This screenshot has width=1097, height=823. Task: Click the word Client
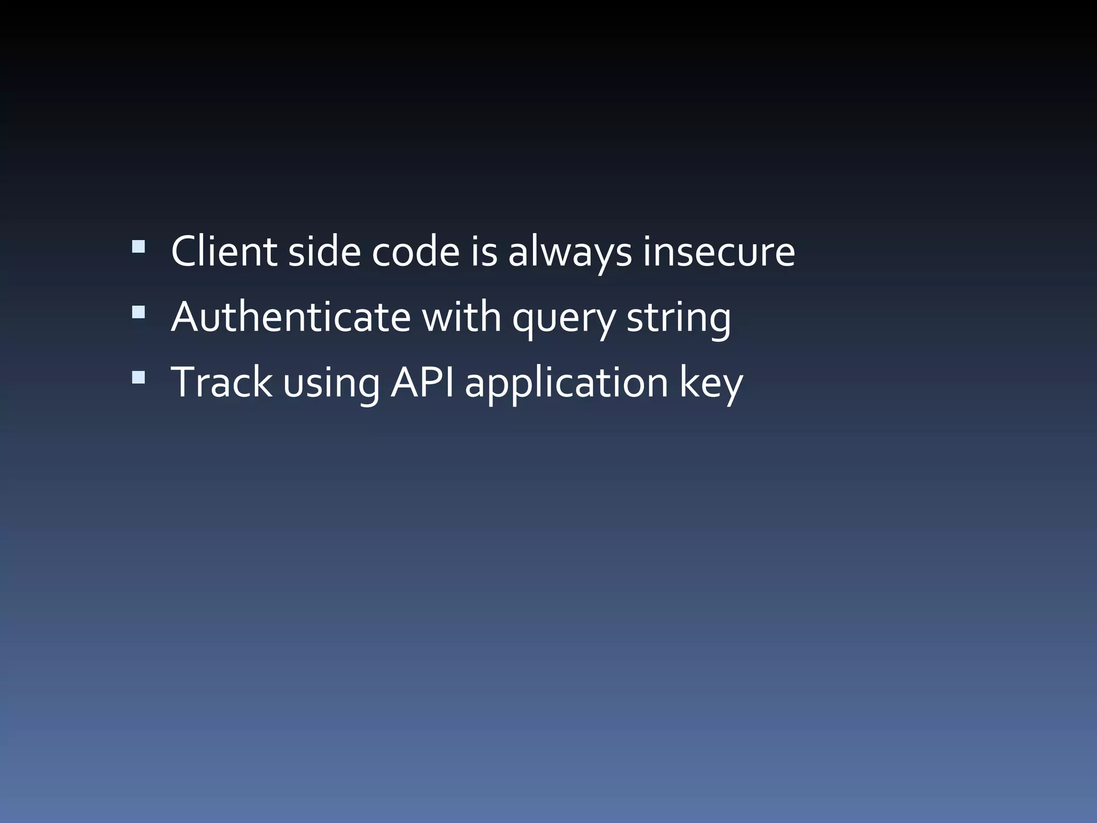(223, 251)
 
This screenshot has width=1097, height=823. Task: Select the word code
(416, 251)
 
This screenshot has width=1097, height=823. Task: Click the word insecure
(719, 251)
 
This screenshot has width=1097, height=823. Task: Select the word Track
(221, 382)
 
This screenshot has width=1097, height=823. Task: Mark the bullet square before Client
(138, 246)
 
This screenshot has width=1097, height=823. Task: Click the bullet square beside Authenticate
(138, 312)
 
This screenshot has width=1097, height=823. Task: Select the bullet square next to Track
(138, 377)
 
